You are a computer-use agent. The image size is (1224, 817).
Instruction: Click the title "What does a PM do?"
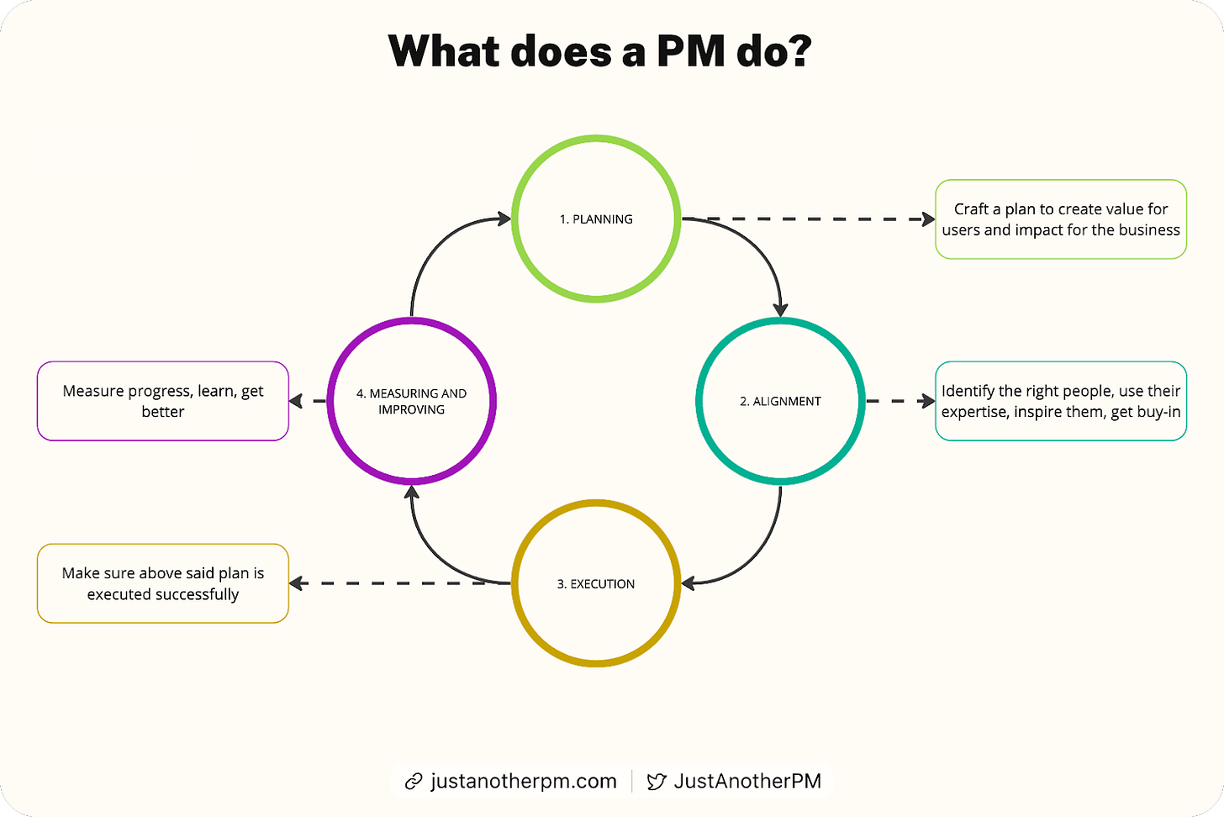(599, 52)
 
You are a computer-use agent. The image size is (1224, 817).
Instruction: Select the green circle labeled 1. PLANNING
(595, 219)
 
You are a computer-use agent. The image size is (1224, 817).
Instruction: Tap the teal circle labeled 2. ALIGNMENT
(779, 401)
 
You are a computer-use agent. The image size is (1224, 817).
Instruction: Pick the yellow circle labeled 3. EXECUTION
(595, 583)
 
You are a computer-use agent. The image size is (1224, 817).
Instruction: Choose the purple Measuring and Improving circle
(411, 401)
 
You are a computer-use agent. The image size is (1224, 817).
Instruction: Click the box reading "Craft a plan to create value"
(1060, 219)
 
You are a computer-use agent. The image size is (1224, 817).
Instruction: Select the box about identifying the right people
(1060, 401)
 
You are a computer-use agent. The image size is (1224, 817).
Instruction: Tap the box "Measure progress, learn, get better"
(163, 401)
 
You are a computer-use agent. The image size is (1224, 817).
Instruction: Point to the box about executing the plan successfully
(163, 583)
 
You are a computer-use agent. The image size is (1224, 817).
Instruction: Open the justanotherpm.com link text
(523, 781)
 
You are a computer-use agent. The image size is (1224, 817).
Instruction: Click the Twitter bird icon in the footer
(656, 782)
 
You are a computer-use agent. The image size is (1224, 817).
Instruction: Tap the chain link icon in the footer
(414, 782)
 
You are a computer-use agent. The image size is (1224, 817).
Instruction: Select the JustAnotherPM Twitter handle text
(747, 781)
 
